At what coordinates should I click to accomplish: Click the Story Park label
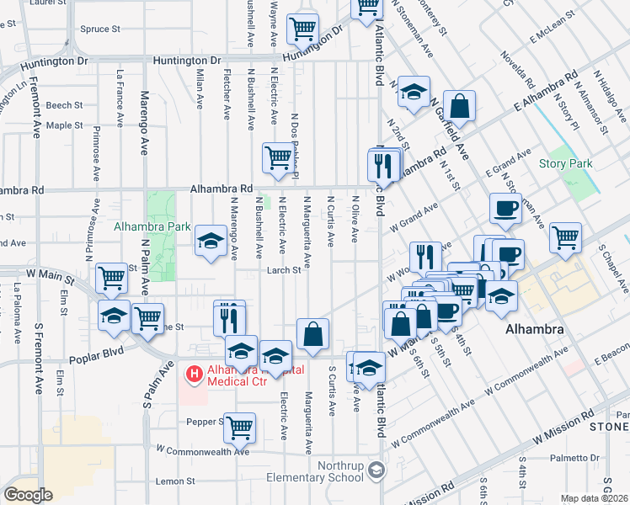pyautogui.click(x=566, y=163)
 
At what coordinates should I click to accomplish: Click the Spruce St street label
pyautogui.click(x=100, y=29)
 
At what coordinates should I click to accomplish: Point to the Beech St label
pyautogui.click(x=65, y=105)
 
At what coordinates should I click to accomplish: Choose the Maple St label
pyautogui.click(x=65, y=125)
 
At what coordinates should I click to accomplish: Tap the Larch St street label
pyautogui.click(x=284, y=270)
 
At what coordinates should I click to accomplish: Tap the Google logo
pyautogui.click(x=28, y=494)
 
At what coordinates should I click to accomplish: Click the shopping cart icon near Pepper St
pyautogui.click(x=240, y=427)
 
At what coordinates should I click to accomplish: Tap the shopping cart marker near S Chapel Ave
pyautogui.click(x=565, y=237)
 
